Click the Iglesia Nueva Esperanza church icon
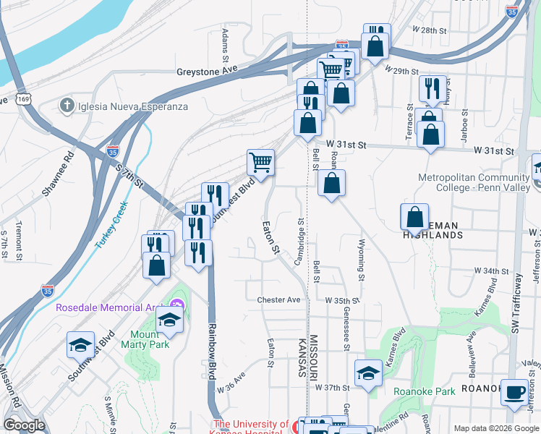point(67,106)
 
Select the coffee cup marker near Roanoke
point(514,393)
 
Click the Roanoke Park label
point(424,392)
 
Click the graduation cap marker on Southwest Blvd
point(80,345)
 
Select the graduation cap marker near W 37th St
point(368,373)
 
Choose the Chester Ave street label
point(278,299)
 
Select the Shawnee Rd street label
point(59,174)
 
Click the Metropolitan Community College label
point(472,182)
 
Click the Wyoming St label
point(361,258)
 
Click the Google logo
point(24,425)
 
